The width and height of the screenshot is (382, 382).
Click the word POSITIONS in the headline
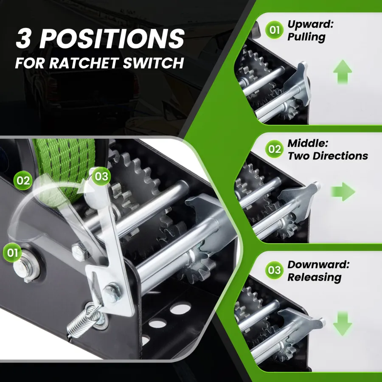click(112, 39)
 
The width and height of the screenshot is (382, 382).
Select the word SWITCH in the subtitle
click(153, 63)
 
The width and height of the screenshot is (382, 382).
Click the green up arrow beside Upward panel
click(343, 72)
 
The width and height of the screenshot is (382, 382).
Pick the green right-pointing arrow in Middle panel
click(343, 192)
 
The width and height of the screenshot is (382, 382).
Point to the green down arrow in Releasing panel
click(343, 324)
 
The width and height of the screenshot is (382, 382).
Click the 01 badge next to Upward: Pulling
click(274, 30)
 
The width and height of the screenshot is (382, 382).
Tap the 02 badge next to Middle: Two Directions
click(274, 149)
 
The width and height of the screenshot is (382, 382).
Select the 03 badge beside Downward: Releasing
click(274, 270)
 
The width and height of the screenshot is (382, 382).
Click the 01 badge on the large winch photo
click(12, 253)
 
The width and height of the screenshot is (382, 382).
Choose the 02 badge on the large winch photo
click(23, 180)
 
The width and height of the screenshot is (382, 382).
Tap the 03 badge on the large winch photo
click(101, 176)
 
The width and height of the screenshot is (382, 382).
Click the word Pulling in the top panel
click(306, 37)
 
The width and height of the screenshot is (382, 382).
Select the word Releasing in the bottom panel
click(314, 277)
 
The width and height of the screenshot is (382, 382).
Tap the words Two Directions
click(328, 156)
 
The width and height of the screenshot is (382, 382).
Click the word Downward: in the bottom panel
click(318, 264)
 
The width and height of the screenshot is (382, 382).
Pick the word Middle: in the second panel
click(308, 143)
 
